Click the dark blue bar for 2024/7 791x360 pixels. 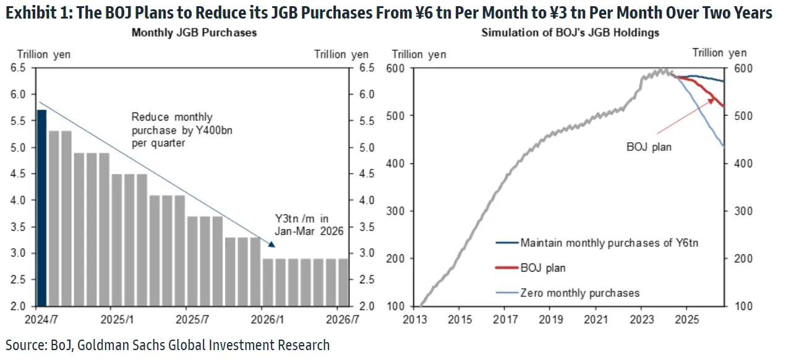(x=41, y=207)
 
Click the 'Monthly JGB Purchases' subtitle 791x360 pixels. (x=194, y=33)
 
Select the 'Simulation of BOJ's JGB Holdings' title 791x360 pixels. (x=570, y=33)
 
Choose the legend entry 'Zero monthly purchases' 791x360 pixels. (x=579, y=293)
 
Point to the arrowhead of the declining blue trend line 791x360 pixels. (x=272, y=244)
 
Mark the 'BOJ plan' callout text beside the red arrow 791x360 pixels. (x=649, y=147)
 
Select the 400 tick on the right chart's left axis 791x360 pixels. (x=396, y=163)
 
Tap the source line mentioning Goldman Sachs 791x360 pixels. (x=168, y=345)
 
